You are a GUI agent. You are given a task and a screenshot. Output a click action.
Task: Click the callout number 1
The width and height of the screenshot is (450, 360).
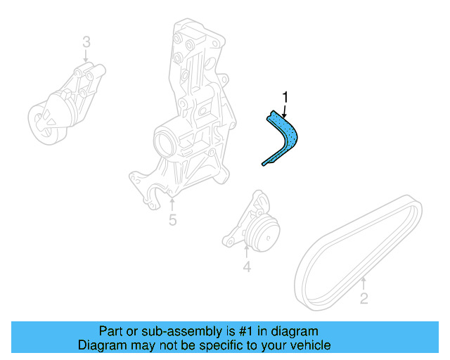[x=285, y=96]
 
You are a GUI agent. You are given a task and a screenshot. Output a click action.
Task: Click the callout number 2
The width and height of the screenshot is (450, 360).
[x=364, y=300]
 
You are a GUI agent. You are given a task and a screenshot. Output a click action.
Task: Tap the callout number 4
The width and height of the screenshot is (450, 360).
[x=247, y=266]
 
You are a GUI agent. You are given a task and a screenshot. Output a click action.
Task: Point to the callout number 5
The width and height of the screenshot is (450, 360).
[x=172, y=221]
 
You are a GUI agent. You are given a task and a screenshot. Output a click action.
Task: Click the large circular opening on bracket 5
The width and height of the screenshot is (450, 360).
[x=162, y=141]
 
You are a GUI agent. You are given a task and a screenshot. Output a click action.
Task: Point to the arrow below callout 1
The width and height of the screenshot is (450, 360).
[x=285, y=109]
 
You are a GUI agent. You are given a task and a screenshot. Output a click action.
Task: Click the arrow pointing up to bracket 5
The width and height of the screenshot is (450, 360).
[x=172, y=204]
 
